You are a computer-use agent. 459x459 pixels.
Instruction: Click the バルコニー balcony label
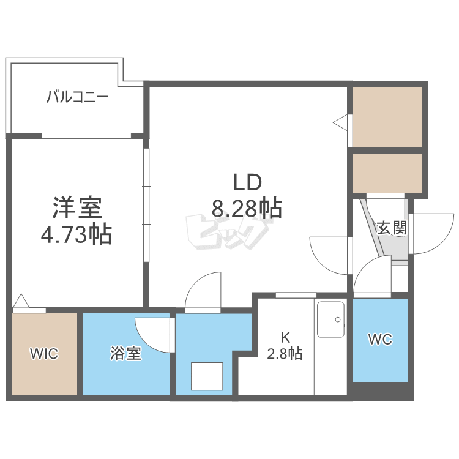click(x=77, y=97)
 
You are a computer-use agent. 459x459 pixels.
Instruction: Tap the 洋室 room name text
click(x=77, y=208)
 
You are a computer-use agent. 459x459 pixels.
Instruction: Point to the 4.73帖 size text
click(x=76, y=234)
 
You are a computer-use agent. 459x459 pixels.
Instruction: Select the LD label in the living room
click(x=247, y=182)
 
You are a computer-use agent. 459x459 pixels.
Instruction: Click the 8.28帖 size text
click(x=247, y=209)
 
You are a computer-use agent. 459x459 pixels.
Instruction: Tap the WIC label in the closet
click(x=44, y=354)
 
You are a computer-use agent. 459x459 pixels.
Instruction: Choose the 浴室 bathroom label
click(x=126, y=353)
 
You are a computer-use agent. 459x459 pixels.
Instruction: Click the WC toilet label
click(x=380, y=340)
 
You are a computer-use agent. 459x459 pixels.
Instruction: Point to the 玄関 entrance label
click(x=392, y=228)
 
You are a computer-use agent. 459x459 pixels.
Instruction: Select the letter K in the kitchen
click(x=285, y=338)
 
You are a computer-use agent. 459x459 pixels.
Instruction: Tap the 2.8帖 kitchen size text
click(x=285, y=353)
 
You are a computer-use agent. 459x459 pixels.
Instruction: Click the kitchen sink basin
click(x=330, y=319)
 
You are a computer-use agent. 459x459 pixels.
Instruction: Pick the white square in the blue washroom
click(x=207, y=376)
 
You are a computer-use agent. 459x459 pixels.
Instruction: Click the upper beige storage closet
click(x=387, y=117)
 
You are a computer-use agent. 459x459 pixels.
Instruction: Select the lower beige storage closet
click(x=387, y=173)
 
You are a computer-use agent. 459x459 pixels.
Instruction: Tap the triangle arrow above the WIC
click(x=21, y=300)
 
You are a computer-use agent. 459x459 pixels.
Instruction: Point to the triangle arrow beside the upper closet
click(x=340, y=121)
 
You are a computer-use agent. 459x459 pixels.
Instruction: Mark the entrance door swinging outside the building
click(x=432, y=234)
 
